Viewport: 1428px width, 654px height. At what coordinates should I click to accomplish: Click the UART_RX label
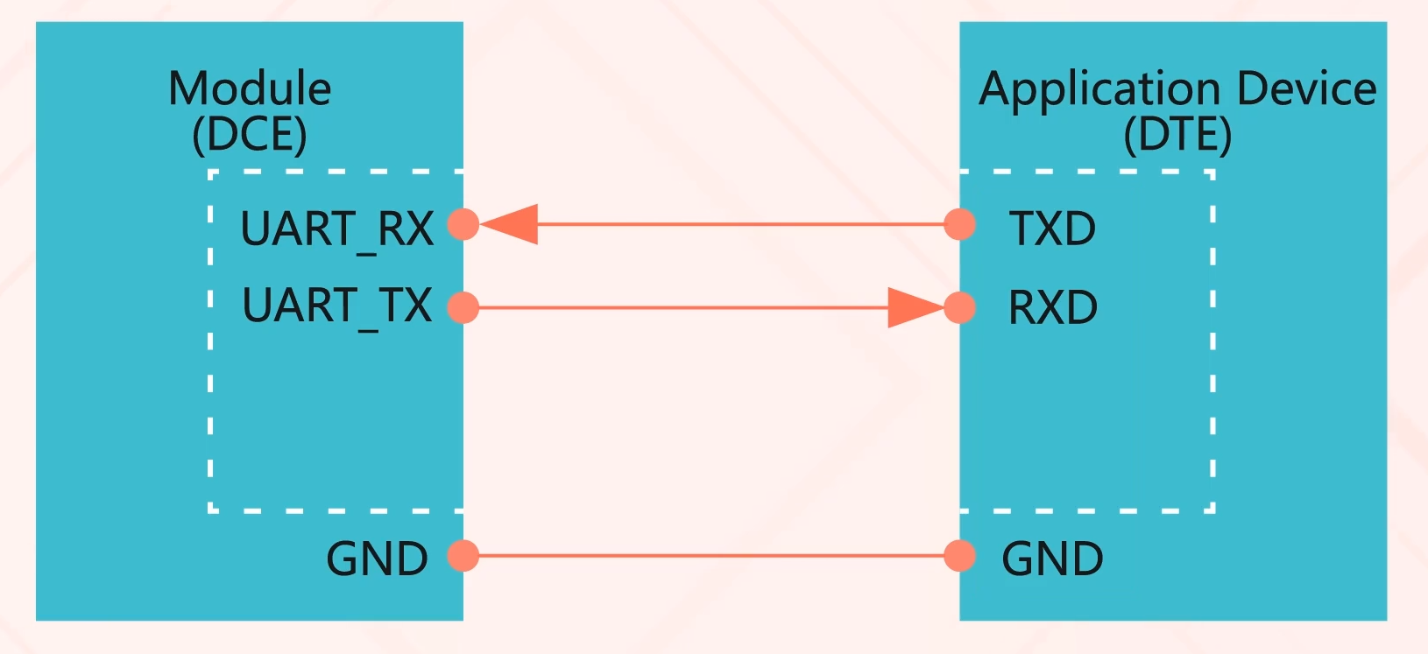click(x=337, y=230)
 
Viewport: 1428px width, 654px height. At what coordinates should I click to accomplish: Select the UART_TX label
click(x=337, y=307)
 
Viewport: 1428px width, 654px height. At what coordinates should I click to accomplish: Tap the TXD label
click(x=1052, y=229)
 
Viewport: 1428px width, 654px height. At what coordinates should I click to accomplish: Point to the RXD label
click(x=1053, y=307)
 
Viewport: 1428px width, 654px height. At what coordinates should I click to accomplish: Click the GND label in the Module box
click(x=377, y=559)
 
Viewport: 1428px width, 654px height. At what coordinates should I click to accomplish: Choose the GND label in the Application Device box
click(x=1052, y=559)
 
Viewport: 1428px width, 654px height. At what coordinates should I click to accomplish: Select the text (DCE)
click(x=250, y=134)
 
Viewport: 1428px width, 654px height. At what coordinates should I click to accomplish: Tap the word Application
click(x=1099, y=90)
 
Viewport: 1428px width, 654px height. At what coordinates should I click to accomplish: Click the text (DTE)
click(x=1177, y=134)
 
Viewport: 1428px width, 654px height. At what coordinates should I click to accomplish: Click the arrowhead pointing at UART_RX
click(x=509, y=224)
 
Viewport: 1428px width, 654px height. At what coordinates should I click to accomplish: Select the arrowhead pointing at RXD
click(x=916, y=307)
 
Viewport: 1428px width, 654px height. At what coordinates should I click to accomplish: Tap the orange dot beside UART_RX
click(x=463, y=224)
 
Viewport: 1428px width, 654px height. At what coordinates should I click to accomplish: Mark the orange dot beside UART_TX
click(x=463, y=307)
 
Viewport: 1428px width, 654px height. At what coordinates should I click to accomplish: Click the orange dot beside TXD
click(x=959, y=224)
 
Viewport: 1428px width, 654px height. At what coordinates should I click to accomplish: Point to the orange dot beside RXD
click(x=959, y=307)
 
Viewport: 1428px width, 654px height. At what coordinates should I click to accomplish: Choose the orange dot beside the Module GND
click(x=463, y=556)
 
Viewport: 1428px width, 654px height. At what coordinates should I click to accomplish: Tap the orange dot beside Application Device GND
click(x=959, y=556)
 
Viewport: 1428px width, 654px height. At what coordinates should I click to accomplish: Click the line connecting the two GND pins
click(x=711, y=556)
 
